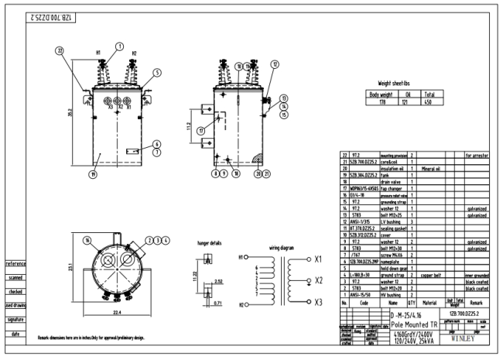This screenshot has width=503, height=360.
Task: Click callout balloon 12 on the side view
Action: click(275, 64)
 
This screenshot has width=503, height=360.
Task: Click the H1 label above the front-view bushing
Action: click(98, 53)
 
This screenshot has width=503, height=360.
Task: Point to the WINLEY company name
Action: click(469, 338)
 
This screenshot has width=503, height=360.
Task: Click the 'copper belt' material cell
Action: click(429, 274)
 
